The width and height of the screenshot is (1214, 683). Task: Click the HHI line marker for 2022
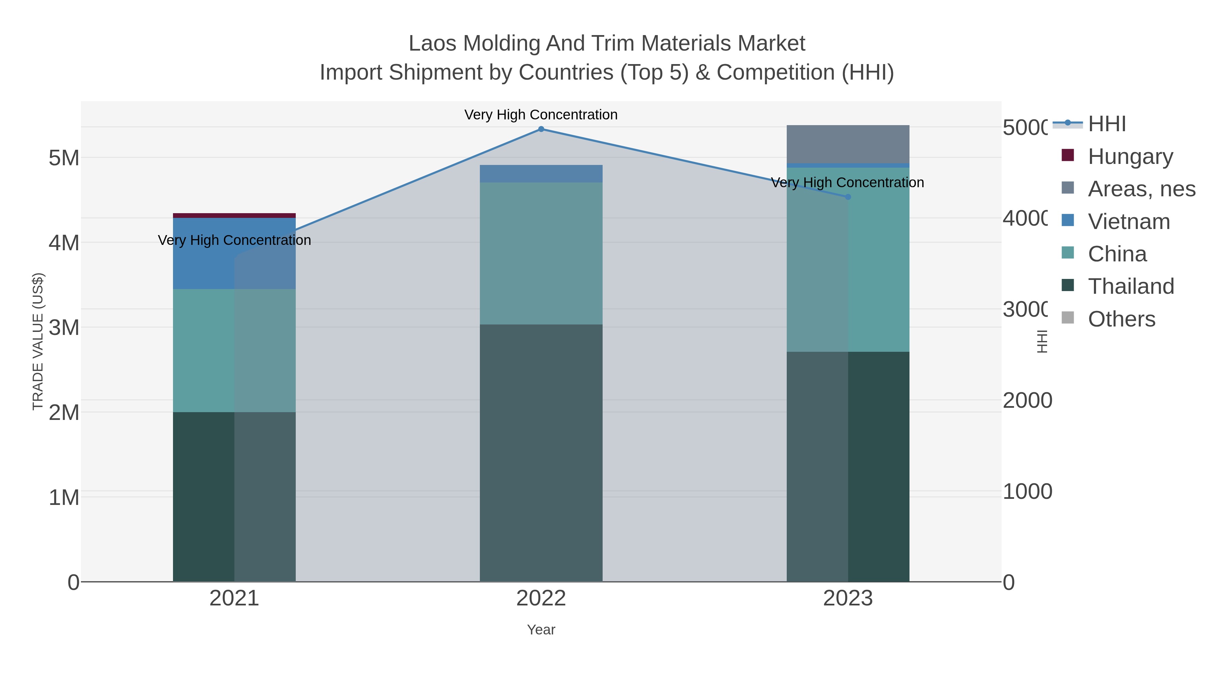541,129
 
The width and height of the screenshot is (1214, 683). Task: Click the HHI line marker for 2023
848,197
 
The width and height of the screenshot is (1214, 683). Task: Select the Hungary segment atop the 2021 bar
234,216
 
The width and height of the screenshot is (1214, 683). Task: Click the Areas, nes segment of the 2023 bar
848,144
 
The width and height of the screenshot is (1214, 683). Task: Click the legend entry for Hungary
1130,156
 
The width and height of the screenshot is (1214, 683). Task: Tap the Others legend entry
1121,319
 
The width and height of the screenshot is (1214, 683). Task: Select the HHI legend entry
1106,124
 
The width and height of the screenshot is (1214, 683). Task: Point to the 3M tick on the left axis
64,328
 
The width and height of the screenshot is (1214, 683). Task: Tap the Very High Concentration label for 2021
234,240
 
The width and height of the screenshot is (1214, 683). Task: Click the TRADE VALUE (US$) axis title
38,341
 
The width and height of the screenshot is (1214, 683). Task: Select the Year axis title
541,630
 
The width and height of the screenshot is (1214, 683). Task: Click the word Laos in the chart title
432,44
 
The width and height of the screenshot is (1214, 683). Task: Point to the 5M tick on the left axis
64,158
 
